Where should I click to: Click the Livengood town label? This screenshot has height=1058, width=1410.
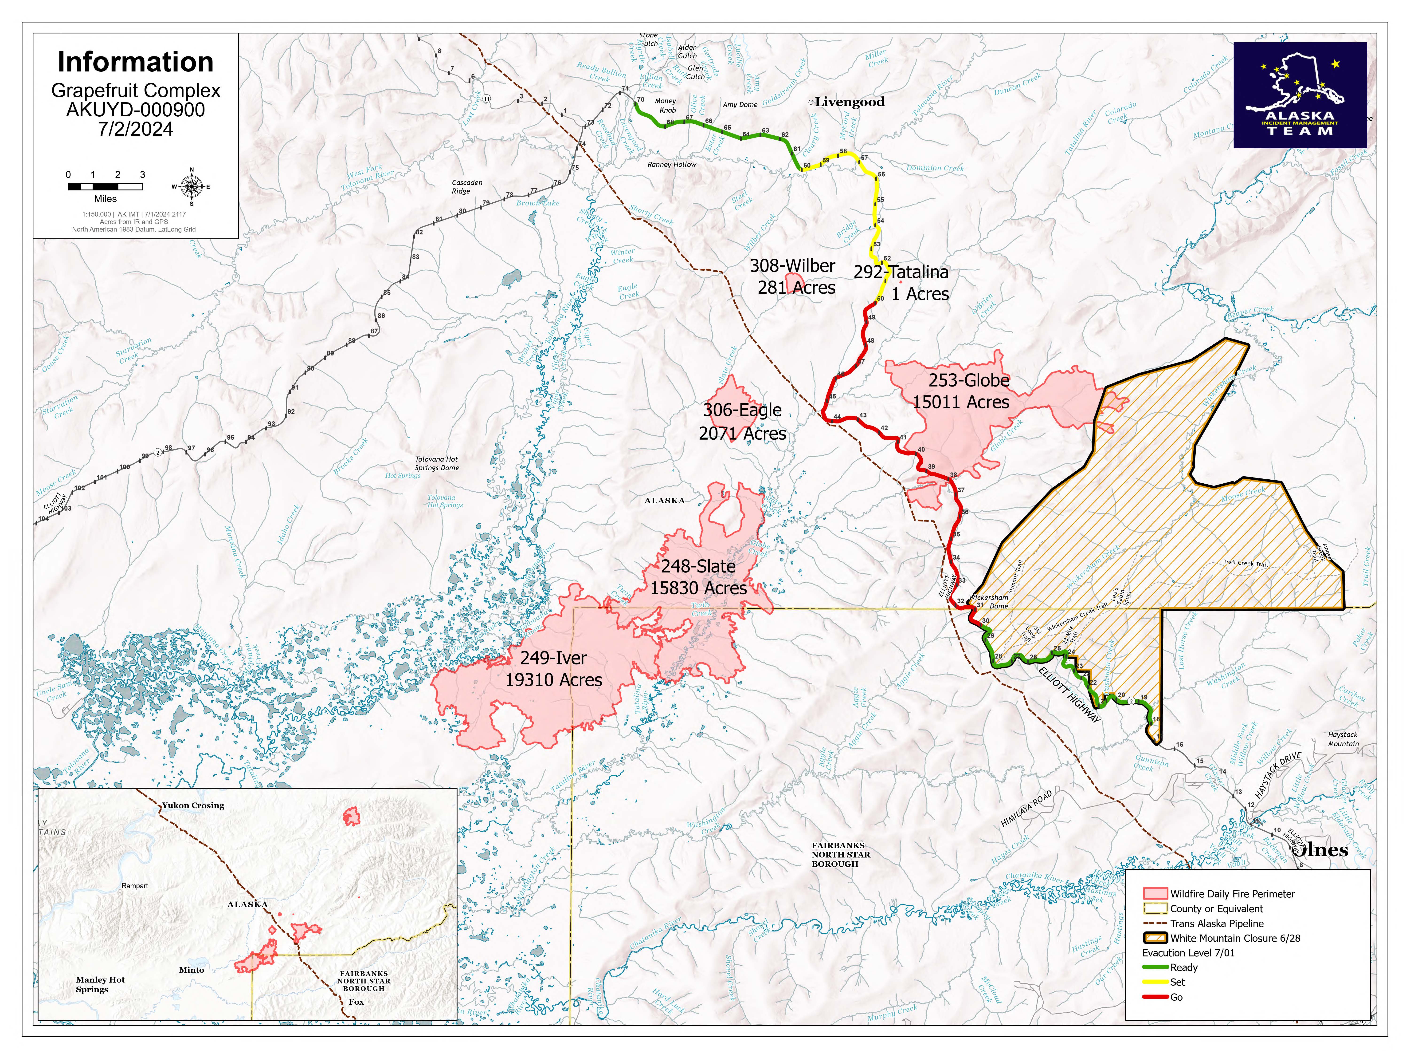[849, 102]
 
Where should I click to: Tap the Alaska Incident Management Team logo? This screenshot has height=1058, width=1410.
[1300, 95]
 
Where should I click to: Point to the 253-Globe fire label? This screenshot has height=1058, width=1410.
[968, 381]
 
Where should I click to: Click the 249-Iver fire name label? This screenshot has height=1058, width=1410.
[553, 658]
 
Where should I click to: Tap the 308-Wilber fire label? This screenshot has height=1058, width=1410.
[792, 266]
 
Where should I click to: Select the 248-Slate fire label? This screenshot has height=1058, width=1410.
[698, 566]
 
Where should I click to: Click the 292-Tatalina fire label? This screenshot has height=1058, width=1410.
[901, 272]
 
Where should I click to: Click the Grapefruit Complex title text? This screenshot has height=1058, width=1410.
[136, 91]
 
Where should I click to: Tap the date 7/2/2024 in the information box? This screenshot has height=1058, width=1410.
[136, 130]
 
